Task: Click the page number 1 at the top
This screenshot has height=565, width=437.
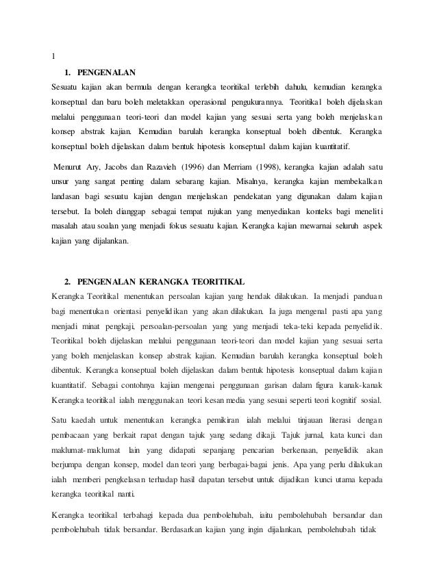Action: pos(54,56)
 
